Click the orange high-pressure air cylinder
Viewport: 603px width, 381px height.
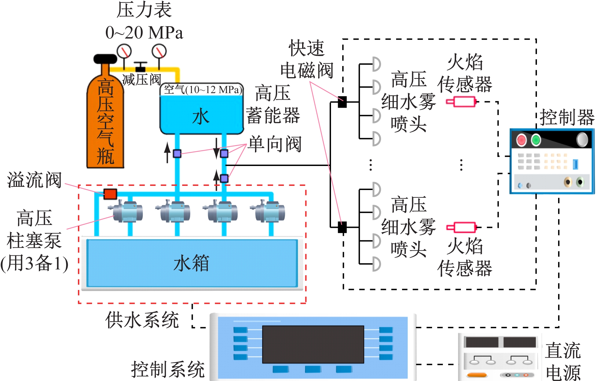(105, 122)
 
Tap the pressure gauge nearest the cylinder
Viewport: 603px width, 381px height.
(124, 51)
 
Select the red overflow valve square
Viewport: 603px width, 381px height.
(110, 194)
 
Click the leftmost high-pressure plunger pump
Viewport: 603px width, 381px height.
(127, 211)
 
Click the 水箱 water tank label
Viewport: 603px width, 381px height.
(191, 263)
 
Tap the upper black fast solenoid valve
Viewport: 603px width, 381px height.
(342, 102)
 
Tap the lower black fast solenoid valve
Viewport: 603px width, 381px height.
(342, 227)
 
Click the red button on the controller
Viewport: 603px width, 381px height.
(521, 140)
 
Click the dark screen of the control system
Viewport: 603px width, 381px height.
(313, 344)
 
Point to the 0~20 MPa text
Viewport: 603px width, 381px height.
(144, 33)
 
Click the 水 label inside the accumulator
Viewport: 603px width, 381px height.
(201, 116)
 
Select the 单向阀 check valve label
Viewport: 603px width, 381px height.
(275, 144)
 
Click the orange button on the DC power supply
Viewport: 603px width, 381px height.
(477, 375)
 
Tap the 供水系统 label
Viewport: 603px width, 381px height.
(142, 320)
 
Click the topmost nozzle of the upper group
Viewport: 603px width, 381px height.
(376, 64)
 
